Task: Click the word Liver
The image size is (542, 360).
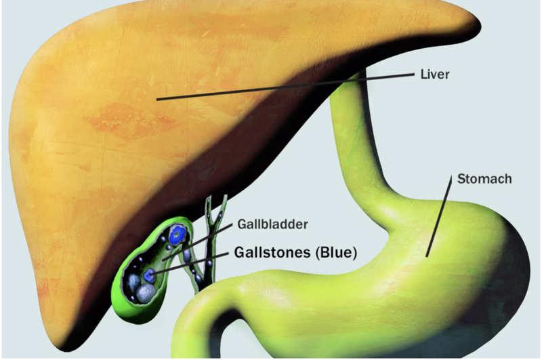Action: [435, 74]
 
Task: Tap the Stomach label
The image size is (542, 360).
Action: [484, 179]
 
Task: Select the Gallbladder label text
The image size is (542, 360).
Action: [272, 224]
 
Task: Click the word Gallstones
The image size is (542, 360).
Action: [272, 252]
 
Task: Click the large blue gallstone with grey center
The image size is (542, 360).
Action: [178, 235]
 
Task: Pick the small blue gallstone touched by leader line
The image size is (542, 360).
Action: [149, 275]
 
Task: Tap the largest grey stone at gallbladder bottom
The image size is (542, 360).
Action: [146, 293]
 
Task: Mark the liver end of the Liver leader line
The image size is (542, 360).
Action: [157, 100]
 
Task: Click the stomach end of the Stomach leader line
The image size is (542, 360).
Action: [427, 256]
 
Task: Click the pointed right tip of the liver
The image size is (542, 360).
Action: [480, 24]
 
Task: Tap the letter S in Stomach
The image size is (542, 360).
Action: [461, 179]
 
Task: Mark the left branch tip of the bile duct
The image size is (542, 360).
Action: [209, 199]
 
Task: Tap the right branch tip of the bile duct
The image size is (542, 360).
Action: [225, 197]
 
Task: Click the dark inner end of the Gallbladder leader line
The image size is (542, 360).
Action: [163, 260]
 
